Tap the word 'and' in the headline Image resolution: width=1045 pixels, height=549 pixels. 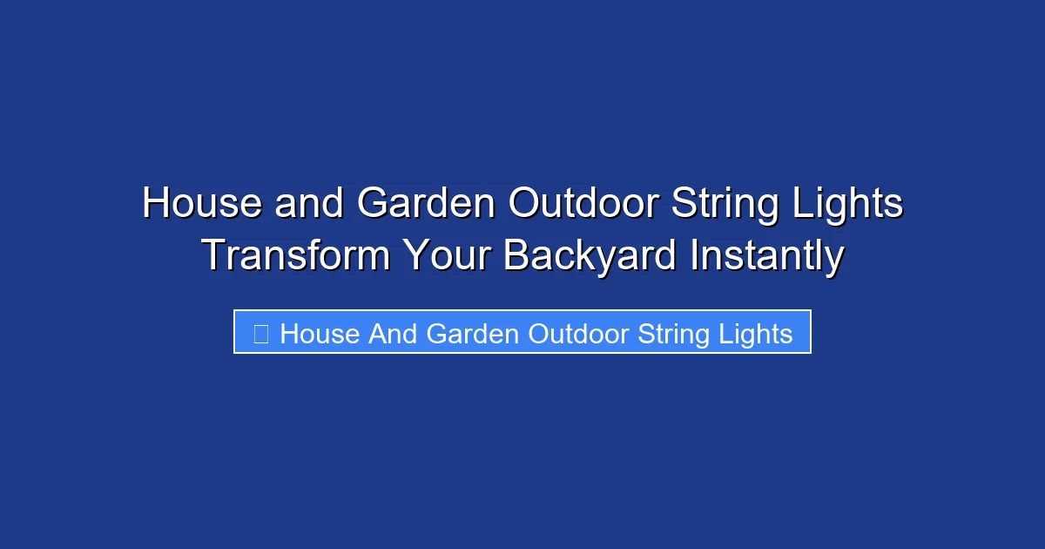coord(310,204)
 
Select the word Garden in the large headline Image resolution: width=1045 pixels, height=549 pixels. coord(427,204)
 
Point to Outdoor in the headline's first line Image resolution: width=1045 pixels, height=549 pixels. coord(583,204)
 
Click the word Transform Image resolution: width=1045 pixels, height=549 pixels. coord(295,256)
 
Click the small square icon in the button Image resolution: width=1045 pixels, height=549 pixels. coord(260,333)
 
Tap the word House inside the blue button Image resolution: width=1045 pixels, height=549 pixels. coord(320,334)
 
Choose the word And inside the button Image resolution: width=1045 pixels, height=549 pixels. coord(392,334)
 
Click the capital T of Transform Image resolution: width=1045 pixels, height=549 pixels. coord(214,256)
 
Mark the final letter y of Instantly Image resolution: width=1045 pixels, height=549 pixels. coord(834,260)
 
